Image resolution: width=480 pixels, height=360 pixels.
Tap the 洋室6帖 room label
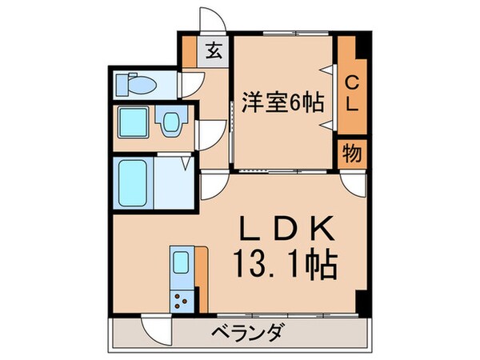tap(279, 103)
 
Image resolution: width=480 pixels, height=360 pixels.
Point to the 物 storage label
tap(351, 152)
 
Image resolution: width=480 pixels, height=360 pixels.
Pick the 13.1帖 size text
tap(284, 262)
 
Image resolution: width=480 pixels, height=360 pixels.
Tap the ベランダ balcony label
tap(240, 332)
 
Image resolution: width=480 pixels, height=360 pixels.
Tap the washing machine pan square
tap(132, 123)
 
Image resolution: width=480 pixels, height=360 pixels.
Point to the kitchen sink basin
tap(181, 264)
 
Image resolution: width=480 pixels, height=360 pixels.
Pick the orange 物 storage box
tap(351, 152)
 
